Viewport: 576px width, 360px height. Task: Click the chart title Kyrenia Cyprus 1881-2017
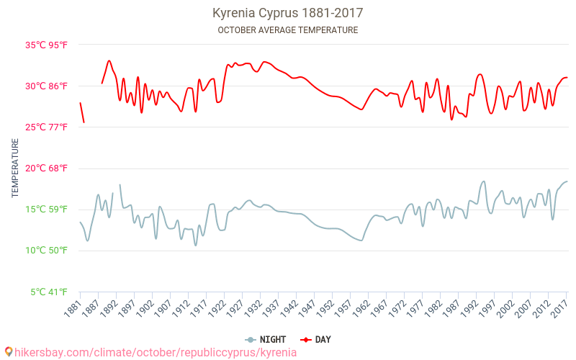pos(287,13)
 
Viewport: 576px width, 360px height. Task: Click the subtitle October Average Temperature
pos(287,30)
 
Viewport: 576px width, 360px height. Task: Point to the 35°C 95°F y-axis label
pos(46,45)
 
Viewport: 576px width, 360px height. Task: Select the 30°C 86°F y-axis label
pos(46,86)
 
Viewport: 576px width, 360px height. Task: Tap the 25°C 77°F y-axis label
pos(46,127)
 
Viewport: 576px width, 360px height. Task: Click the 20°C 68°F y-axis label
pos(46,168)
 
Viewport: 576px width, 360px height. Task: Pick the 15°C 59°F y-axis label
pos(46,210)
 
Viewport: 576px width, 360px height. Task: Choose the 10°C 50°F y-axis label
pos(46,251)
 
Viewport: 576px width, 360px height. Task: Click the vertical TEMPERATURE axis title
pos(15,168)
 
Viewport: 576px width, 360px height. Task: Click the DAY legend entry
pos(315,340)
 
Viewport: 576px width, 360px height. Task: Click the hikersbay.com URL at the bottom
pos(156,352)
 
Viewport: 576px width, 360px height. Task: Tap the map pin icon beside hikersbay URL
pos(9,351)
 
